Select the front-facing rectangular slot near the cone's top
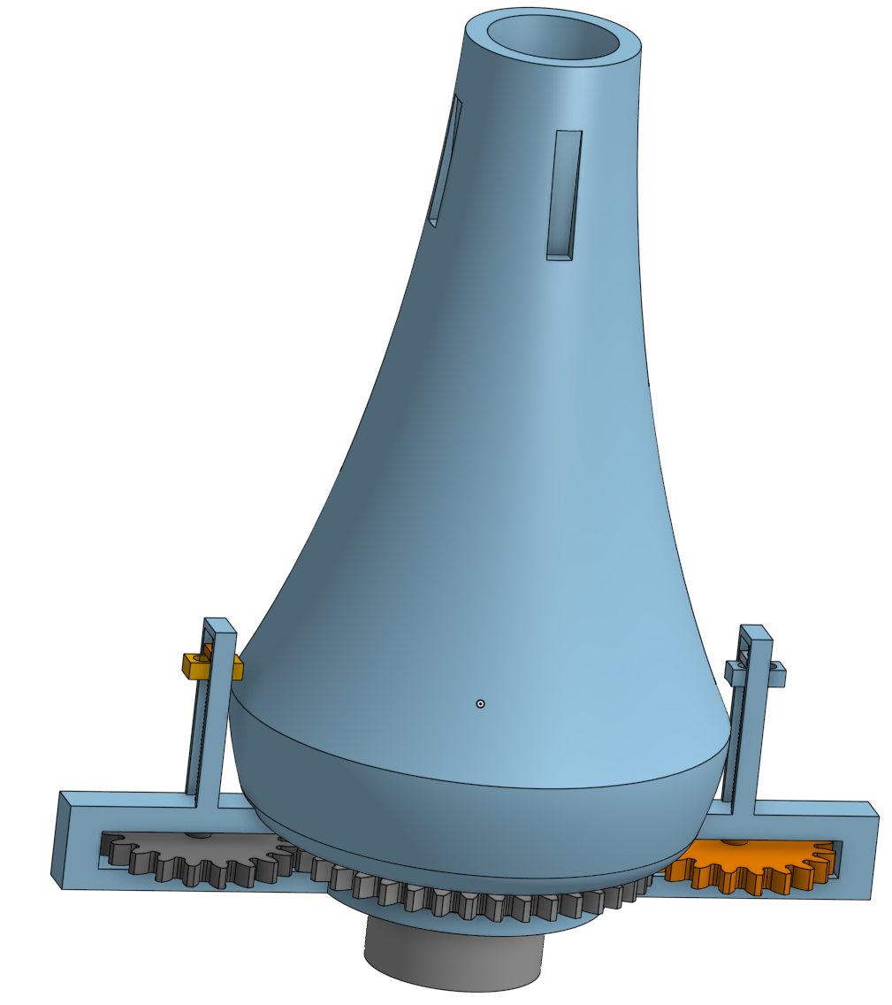pos(564,195)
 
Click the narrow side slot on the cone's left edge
pos(445,159)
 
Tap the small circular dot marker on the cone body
pos(480,704)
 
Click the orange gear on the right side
pos(751,868)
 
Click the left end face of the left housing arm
pos(60,840)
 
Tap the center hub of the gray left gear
pos(196,835)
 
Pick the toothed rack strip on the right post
pos(736,734)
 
